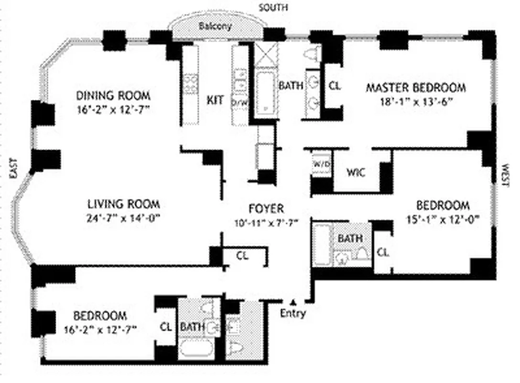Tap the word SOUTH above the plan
point(273,7)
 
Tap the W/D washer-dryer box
point(321,164)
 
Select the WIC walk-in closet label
point(356,172)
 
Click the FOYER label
point(266,209)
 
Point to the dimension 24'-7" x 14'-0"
point(123,218)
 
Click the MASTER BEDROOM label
point(415,88)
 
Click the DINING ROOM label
point(113,95)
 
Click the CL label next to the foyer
point(242,256)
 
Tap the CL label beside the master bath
point(335,86)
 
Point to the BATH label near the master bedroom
point(291,86)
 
